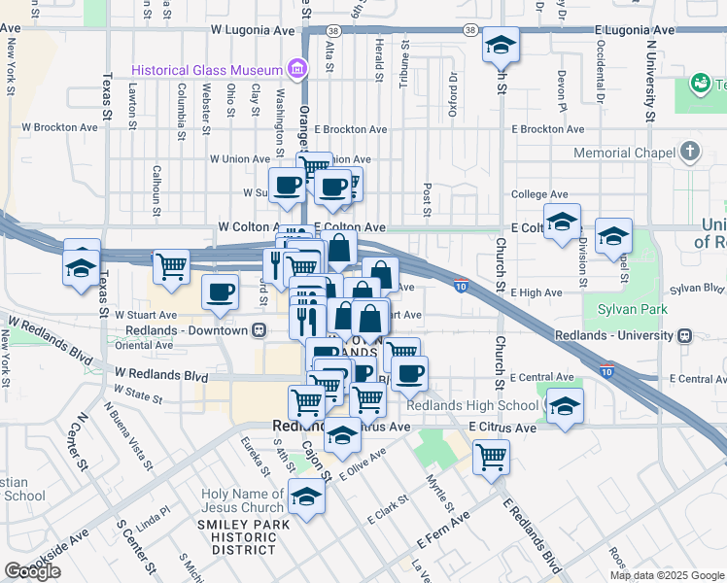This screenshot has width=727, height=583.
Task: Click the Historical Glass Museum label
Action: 207,70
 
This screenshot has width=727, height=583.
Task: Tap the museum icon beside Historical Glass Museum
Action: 295,69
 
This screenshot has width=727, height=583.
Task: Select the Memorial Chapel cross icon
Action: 690,152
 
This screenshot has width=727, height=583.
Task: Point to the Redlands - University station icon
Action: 685,336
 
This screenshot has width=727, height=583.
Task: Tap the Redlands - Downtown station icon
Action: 260,330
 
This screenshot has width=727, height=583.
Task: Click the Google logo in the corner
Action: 32,570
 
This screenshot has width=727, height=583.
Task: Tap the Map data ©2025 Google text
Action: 667,575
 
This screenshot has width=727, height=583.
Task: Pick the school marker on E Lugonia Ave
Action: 502,45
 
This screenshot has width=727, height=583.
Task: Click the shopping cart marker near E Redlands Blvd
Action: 492,455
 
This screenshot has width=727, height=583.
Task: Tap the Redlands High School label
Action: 473,405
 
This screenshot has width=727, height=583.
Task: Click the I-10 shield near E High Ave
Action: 461,286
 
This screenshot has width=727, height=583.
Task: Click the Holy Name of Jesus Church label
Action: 243,501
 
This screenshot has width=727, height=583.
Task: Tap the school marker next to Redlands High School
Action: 564,406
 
